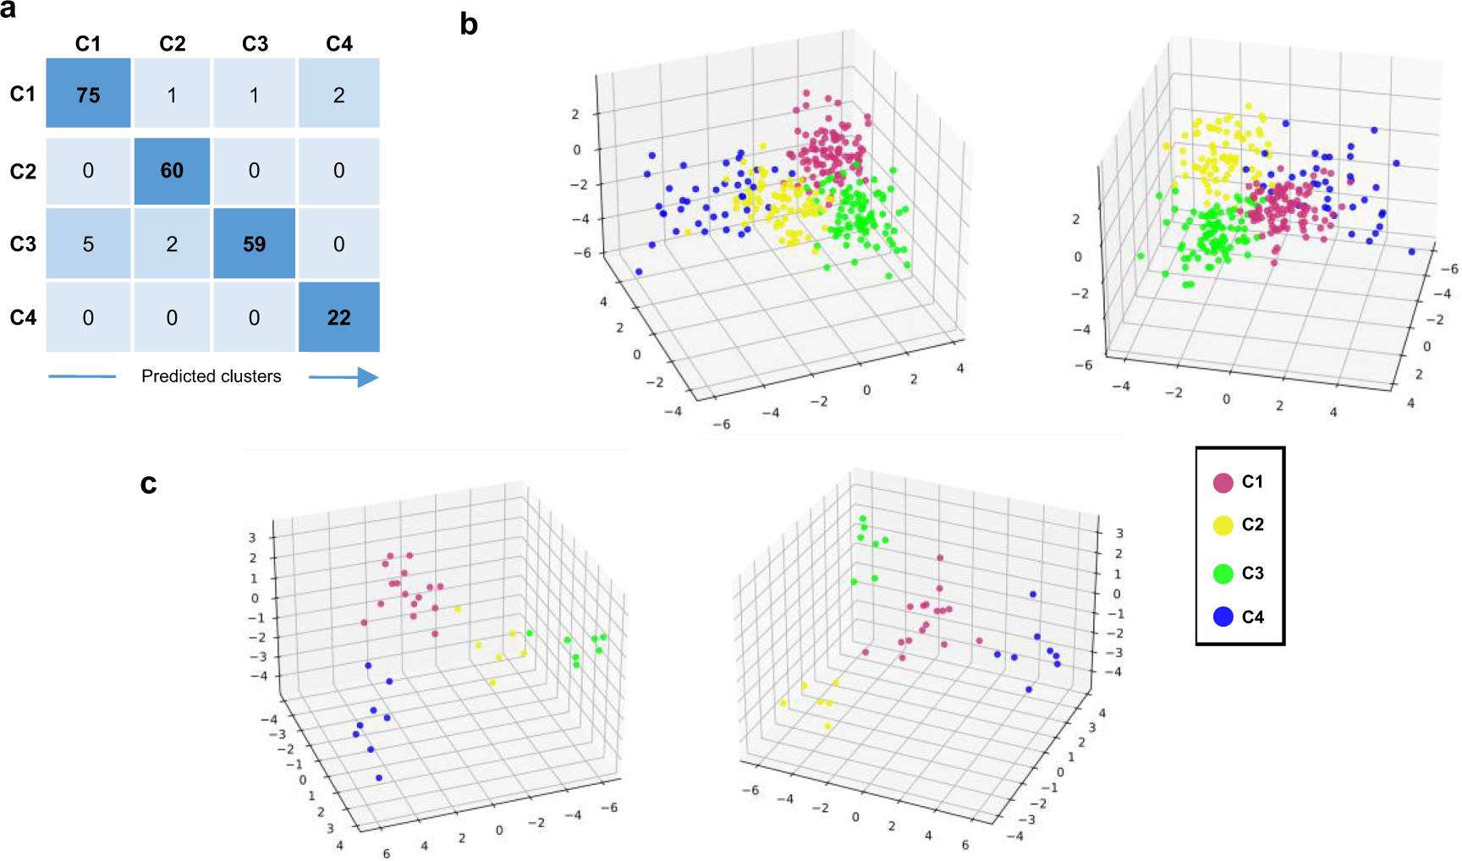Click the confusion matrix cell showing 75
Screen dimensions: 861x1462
click(88, 94)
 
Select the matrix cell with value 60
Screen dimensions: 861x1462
click(172, 171)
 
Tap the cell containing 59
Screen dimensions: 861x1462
click(254, 244)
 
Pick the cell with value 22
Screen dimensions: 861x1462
click(338, 317)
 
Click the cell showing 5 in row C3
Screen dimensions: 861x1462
click(88, 244)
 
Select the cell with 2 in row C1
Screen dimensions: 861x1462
click(338, 94)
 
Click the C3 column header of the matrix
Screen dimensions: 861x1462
click(255, 44)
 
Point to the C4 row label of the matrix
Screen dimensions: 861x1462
click(23, 317)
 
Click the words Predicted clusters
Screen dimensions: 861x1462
click(211, 376)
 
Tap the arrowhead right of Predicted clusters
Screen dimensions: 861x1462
click(367, 377)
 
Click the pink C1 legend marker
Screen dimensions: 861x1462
click(1223, 483)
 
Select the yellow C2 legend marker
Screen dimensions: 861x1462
click(1223, 525)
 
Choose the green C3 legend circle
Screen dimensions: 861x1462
click(1223, 573)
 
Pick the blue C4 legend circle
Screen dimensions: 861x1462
click(1223, 617)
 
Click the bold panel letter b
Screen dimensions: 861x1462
click(469, 25)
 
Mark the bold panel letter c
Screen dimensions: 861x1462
click(149, 484)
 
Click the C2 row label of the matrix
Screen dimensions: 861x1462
click(23, 172)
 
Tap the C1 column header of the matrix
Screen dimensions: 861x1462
click(88, 44)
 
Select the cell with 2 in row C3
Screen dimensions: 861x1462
click(172, 244)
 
